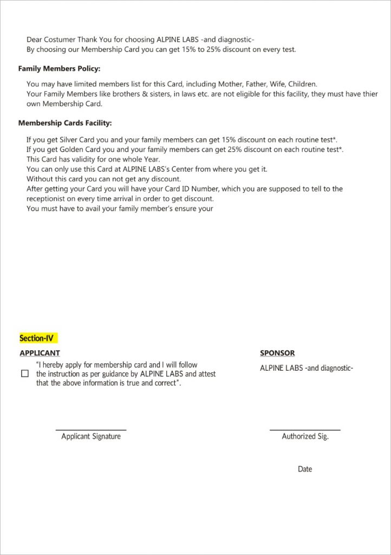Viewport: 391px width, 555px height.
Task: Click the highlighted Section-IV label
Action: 38,338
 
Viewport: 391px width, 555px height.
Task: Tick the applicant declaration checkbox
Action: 25,374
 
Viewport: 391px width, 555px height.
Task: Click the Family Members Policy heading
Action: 59,69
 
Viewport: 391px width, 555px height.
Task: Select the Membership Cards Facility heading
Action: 65,123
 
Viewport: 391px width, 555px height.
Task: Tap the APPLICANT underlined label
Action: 40,353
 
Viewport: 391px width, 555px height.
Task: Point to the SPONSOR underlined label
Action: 277,353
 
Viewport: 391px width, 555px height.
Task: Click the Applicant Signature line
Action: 91,430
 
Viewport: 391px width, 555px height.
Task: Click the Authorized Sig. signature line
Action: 305,430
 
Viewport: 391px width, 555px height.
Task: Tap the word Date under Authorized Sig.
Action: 305,469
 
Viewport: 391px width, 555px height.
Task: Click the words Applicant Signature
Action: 91,436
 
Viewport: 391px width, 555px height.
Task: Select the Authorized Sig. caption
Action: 305,436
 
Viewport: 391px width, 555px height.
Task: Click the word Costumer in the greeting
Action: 60,40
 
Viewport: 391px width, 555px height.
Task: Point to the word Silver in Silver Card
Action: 70,139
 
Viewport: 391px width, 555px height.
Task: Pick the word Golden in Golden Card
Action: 72,149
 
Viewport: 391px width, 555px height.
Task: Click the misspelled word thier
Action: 369,94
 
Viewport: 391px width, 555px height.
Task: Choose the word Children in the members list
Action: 302,84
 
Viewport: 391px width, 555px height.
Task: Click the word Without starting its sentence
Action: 41,179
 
